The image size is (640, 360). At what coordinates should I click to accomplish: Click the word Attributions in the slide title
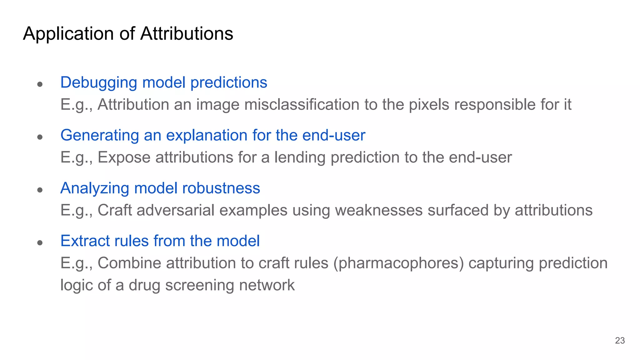187,33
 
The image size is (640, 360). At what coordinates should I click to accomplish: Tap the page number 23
620,340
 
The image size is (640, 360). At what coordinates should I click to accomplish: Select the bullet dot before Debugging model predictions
40,84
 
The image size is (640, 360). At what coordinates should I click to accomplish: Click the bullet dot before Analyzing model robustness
40,190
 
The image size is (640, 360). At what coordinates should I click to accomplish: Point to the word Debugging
99,83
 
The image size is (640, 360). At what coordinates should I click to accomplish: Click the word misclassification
302,104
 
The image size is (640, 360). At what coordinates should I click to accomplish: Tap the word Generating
100,136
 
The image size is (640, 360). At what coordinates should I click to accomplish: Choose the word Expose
124,157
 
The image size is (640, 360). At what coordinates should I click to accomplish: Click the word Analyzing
95,188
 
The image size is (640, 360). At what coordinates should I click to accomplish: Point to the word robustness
221,188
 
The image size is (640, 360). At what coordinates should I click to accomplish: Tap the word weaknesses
379,210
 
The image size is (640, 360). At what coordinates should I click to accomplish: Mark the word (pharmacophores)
398,263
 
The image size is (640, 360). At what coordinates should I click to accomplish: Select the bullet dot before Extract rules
40,242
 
